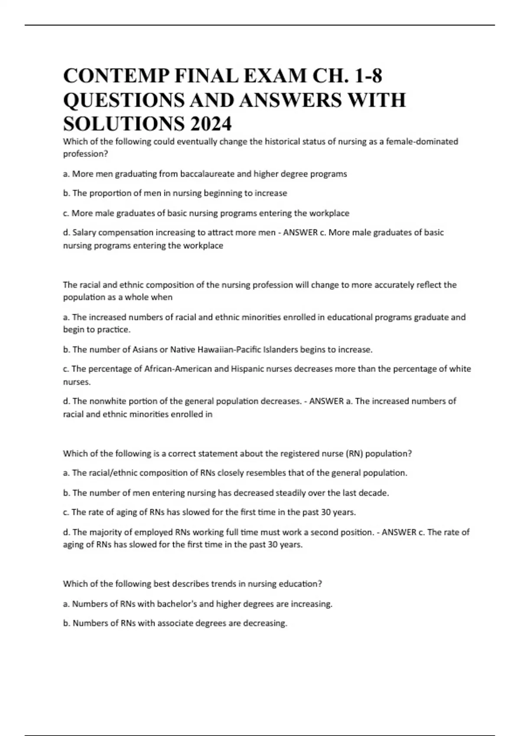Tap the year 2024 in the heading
coord(210,124)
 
